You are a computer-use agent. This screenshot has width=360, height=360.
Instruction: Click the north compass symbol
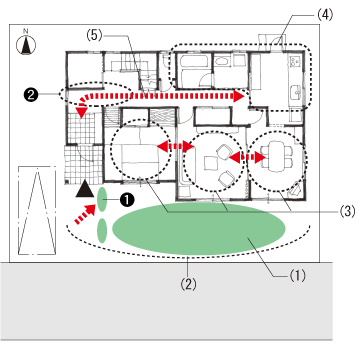pyautogui.click(x=26, y=44)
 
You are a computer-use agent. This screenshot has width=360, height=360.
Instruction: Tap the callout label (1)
pyautogui.click(x=297, y=275)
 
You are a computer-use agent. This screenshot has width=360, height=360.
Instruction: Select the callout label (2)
pyautogui.click(x=188, y=284)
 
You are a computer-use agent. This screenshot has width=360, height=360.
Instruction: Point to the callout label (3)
pyautogui.click(x=347, y=211)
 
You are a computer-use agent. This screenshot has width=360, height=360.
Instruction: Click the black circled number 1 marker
pyautogui.click(x=127, y=199)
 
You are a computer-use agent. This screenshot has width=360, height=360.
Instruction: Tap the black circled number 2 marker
pyautogui.click(x=31, y=95)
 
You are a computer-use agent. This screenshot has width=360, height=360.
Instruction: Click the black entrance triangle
pyautogui.click(x=84, y=188)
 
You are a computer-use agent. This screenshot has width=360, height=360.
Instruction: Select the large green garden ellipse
pyautogui.click(x=199, y=229)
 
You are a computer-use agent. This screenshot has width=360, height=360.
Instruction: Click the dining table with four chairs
pyautogui.click(x=276, y=156)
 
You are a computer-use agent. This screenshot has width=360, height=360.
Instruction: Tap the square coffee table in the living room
pyautogui.click(x=211, y=164)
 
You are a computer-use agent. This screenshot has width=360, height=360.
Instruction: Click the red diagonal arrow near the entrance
pyautogui.click(x=85, y=214)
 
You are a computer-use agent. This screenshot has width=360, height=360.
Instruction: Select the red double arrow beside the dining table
pyautogui.click(x=247, y=157)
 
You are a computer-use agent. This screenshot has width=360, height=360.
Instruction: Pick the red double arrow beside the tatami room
pyautogui.click(x=176, y=146)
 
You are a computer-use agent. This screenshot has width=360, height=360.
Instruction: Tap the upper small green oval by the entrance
pyautogui.click(x=102, y=199)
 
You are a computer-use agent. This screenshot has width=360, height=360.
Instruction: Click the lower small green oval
pyautogui.click(x=102, y=230)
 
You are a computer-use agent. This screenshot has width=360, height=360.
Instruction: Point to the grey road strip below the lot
pyautogui.click(x=166, y=301)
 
